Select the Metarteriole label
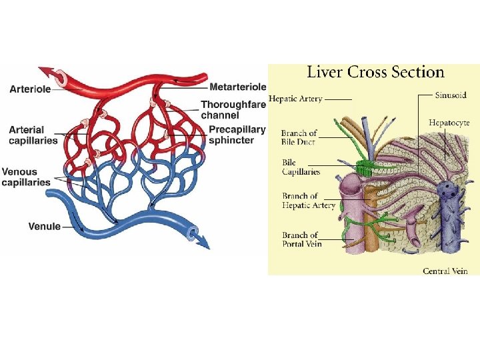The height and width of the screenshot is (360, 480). [237, 87]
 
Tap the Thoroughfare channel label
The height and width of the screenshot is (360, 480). [233, 109]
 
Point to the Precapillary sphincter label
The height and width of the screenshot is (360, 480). [237, 135]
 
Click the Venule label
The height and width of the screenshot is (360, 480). [44, 227]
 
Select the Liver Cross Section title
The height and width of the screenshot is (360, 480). [375, 72]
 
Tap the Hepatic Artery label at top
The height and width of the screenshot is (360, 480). [295, 99]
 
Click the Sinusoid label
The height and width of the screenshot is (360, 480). [451, 95]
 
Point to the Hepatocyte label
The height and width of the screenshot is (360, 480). [449, 123]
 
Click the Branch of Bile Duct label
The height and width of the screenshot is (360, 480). [299, 137]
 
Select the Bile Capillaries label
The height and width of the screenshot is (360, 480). [301, 167]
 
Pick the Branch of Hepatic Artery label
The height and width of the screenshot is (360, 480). [309, 200]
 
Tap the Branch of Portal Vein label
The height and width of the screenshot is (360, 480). [301, 239]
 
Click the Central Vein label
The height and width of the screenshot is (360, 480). [445, 271]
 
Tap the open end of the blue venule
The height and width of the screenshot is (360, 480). [193, 233]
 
